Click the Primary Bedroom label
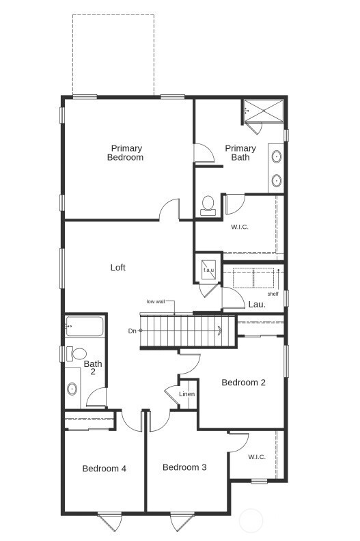(x=125, y=152)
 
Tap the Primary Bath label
(x=240, y=152)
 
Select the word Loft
(x=118, y=268)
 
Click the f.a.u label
(x=208, y=270)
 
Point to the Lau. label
(x=257, y=305)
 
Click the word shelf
(x=273, y=294)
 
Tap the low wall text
(x=156, y=301)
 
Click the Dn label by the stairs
(x=132, y=331)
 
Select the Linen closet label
(x=186, y=395)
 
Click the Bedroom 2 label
(x=243, y=383)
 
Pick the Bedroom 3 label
(x=184, y=467)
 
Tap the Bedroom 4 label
(x=104, y=469)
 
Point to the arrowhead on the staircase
(x=219, y=331)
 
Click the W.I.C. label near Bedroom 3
(x=257, y=457)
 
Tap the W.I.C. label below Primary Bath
(x=239, y=227)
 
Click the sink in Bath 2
(x=72, y=389)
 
